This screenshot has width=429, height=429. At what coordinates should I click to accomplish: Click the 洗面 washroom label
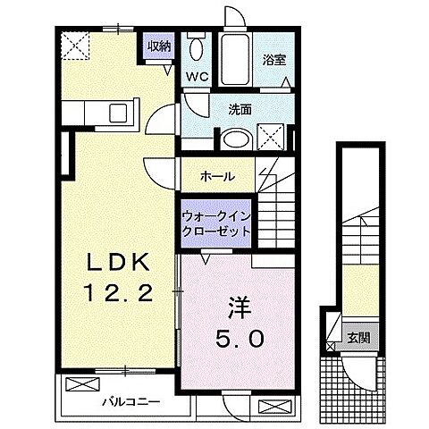[x=239, y=110]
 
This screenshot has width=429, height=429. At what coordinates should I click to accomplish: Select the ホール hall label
[x=217, y=176]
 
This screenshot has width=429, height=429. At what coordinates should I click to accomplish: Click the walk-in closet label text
[x=215, y=223]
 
